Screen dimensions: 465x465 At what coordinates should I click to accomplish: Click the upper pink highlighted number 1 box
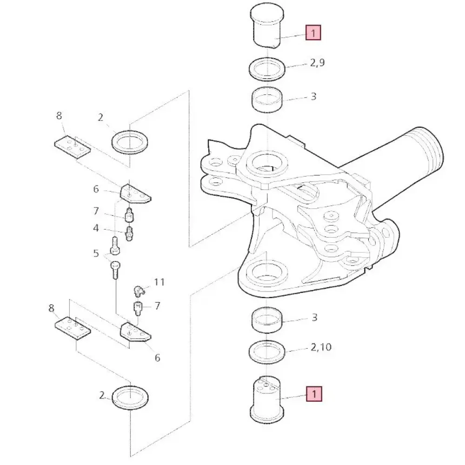pyautogui.click(x=313, y=33)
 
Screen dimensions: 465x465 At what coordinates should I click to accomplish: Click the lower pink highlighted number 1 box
pyautogui.click(x=314, y=394)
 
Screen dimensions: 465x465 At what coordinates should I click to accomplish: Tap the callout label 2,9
pyautogui.click(x=317, y=63)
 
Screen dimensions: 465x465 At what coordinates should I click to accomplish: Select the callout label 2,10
pyautogui.click(x=321, y=347)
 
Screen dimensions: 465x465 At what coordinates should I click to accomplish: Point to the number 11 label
pyautogui.click(x=159, y=282)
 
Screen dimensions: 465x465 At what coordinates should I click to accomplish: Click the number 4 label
pyautogui.click(x=96, y=228)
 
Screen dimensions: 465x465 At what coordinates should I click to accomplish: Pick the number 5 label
pyautogui.click(x=96, y=253)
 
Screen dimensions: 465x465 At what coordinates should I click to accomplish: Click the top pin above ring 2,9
pyautogui.click(x=267, y=26)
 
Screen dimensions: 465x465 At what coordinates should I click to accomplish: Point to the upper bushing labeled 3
pyautogui.click(x=267, y=99)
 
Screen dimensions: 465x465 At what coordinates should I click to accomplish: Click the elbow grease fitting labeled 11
pyautogui.click(x=139, y=291)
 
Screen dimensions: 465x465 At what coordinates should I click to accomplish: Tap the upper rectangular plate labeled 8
pyautogui.click(x=73, y=147)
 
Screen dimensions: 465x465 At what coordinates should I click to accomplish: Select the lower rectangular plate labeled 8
pyautogui.click(x=73, y=328)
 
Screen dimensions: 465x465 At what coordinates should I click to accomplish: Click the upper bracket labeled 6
pyautogui.click(x=135, y=193)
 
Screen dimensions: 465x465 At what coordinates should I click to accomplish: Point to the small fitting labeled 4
pyautogui.click(x=129, y=234)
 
